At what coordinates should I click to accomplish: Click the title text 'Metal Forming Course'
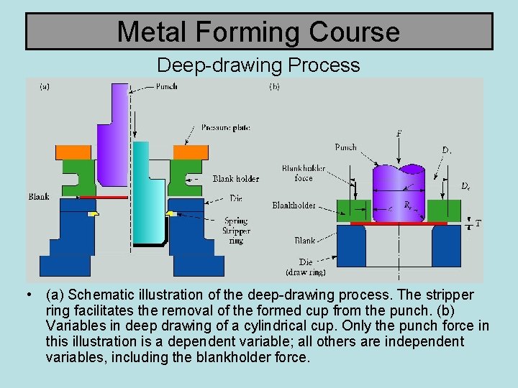click(x=258, y=32)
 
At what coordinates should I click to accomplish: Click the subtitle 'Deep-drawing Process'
click(x=258, y=65)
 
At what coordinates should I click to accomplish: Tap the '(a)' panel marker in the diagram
click(x=45, y=87)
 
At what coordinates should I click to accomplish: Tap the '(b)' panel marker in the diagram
click(x=274, y=87)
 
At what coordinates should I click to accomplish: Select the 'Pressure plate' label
click(x=225, y=127)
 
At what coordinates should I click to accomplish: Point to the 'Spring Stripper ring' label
click(x=236, y=231)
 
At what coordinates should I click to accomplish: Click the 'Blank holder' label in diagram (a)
click(x=235, y=179)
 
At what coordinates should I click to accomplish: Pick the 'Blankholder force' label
click(x=304, y=173)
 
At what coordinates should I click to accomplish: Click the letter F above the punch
click(x=399, y=134)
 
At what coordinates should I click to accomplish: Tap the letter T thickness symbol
click(x=478, y=223)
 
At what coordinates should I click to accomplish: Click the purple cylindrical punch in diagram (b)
click(x=399, y=187)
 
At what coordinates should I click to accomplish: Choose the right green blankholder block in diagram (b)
click(x=443, y=211)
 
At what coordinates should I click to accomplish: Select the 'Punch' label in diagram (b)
click(x=345, y=147)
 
